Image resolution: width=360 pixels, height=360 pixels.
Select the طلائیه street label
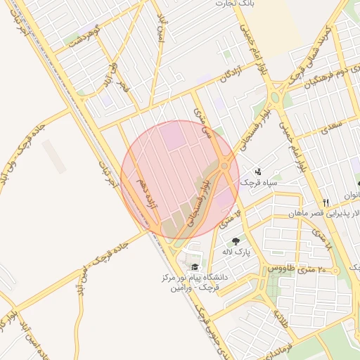[279, 318]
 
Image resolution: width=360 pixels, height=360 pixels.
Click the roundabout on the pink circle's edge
[224, 165]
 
